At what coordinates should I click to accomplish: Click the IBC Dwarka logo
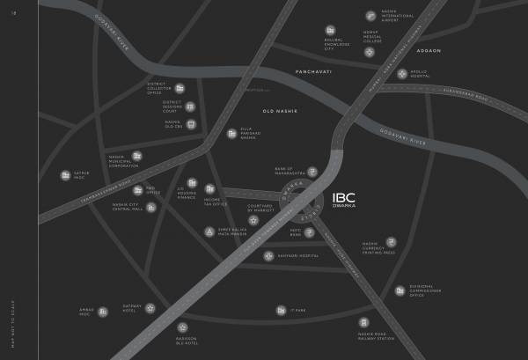[x=344, y=202]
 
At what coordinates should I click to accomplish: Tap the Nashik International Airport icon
[x=370, y=15]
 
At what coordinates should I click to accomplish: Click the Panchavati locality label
[x=314, y=70]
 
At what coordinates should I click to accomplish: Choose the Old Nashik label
[x=281, y=111]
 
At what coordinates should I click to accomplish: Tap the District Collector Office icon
[x=180, y=88]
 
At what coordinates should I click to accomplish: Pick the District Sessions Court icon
[x=190, y=107]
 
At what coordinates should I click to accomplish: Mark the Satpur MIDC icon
[x=65, y=174]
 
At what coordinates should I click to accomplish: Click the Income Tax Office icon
[x=209, y=187]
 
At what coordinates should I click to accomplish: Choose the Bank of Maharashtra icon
[x=312, y=171]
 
